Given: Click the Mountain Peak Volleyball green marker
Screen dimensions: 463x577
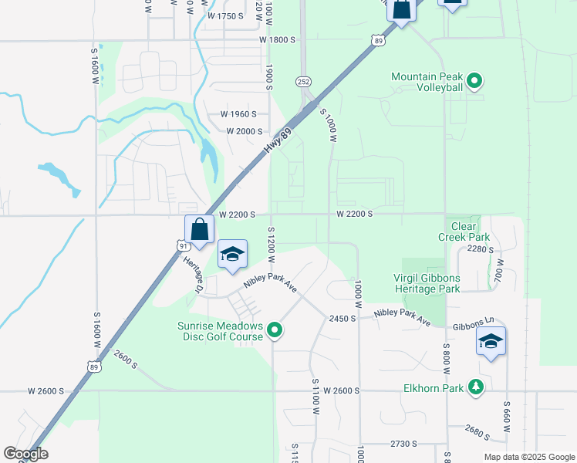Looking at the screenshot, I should tap(475, 79).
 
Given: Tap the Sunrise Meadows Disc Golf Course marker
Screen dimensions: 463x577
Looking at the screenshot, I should tap(274, 333).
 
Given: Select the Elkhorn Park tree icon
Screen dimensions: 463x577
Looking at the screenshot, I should tap(477, 387).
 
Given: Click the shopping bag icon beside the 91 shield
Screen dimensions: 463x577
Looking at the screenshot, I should tap(199, 229).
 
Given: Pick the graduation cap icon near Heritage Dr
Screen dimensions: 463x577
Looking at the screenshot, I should tap(232, 255).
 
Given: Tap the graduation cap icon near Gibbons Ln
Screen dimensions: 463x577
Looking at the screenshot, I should tap(491, 341).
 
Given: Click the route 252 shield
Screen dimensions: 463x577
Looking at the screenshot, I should tap(303, 81).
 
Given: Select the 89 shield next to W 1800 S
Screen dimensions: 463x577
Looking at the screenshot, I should tap(376, 40).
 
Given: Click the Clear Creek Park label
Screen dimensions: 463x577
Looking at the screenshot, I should tap(465, 231).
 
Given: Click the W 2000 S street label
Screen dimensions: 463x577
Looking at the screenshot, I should tap(245, 131).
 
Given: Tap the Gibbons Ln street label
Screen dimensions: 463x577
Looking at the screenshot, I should tap(474, 323).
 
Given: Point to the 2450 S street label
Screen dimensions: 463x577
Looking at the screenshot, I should tap(342, 318).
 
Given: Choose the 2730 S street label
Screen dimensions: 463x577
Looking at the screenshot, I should tap(404, 444).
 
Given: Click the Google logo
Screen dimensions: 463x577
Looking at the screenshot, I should tap(25, 454).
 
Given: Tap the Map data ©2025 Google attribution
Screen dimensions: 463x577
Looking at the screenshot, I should tap(528, 457).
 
